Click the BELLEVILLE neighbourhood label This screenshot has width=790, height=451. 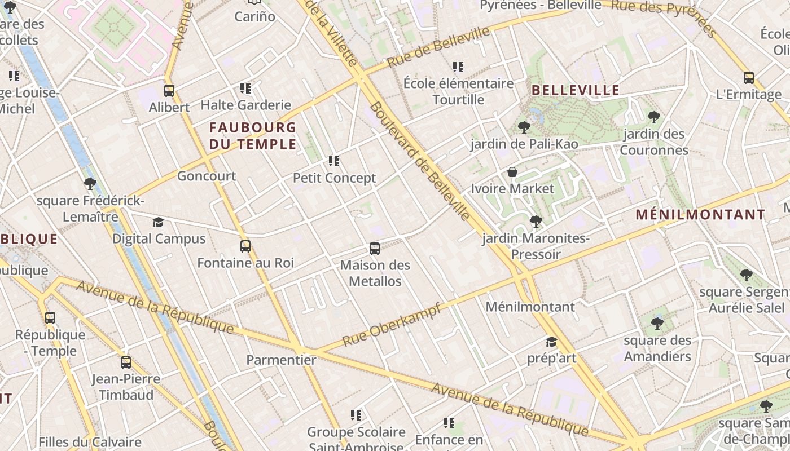(x=576, y=90)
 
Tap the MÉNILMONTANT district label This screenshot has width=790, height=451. (x=700, y=215)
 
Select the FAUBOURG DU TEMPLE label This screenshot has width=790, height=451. (x=253, y=136)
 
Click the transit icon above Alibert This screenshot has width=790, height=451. (x=169, y=90)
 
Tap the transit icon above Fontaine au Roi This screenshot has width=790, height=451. (x=245, y=246)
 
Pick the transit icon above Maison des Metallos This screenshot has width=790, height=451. (x=374, y=248)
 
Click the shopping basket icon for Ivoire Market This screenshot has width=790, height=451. (x=512, y=172)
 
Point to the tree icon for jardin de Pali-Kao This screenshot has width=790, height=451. (x=524, y=127)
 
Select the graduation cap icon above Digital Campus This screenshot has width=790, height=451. (x=158, y=222)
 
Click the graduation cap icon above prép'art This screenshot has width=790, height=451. (x=551, y=342)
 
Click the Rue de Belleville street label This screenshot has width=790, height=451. (x=438, y=47)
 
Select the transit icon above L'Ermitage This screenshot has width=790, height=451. (x=748, y=78)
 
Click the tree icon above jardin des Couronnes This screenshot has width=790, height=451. (x=654, y=117)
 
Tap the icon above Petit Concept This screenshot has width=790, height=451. (x=334, y=161)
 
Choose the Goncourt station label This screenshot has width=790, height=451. (x=207, y=176)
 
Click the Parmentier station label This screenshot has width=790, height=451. (x=281, y=360)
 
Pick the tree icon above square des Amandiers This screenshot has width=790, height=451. (x=657, y=324)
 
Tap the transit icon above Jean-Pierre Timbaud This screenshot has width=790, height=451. (x=126, y=362)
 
